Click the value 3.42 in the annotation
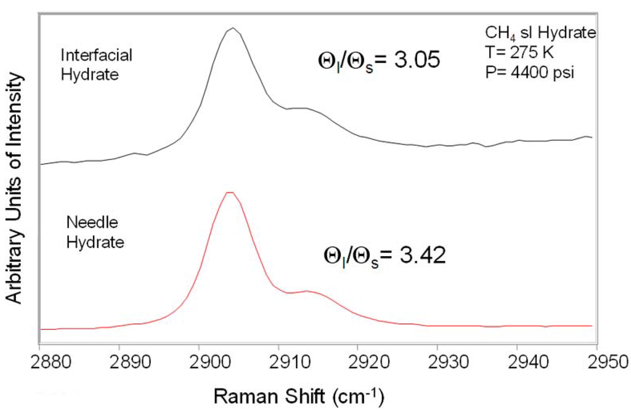(x=420, y=255)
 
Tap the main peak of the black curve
(x=232, y=28)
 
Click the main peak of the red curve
(x=230, y=193)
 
